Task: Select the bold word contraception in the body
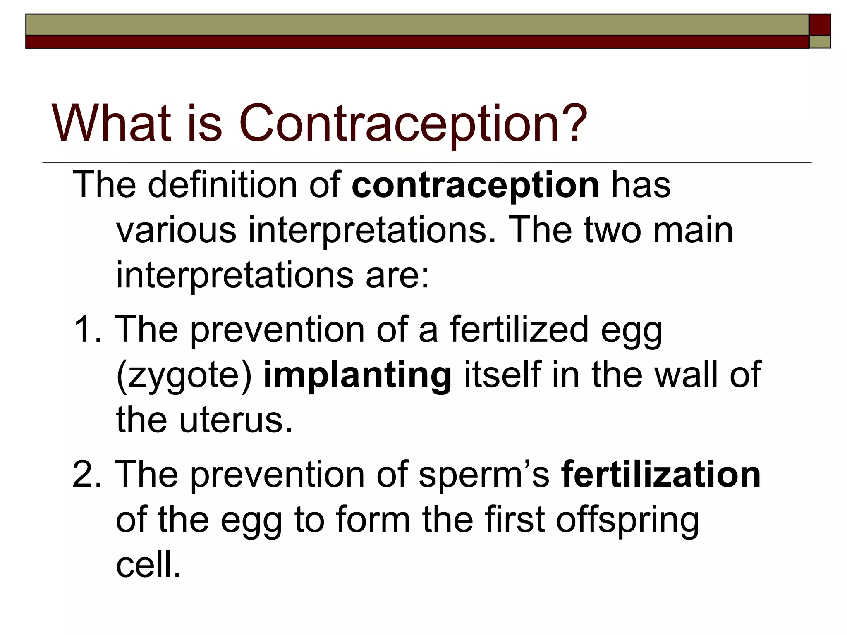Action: (475, 185)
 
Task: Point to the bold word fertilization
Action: (660, 475)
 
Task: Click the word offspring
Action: (627, 520)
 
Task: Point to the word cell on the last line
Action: (148, 565)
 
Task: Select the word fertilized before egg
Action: (519, 329)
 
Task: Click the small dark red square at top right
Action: (820, 25)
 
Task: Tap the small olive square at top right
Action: (820, 42)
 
